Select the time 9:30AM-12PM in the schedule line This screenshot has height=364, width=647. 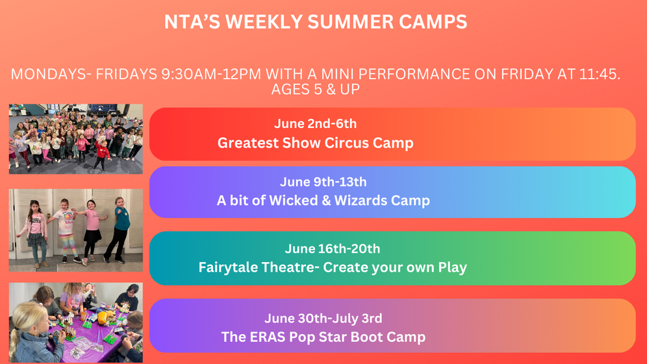click(211, 74)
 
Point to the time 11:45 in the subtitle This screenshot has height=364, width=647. click(600, 74)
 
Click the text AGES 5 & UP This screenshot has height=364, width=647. click(316, 89)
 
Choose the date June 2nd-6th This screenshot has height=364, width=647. click(315, 123)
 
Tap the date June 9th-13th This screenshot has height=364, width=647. click(323, 181)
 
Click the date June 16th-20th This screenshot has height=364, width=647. click(332, 248)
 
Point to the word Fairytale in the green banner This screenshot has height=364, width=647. click(228, 267)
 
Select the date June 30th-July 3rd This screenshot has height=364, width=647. click(323, 318)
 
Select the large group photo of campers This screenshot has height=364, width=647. click(76, 138)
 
